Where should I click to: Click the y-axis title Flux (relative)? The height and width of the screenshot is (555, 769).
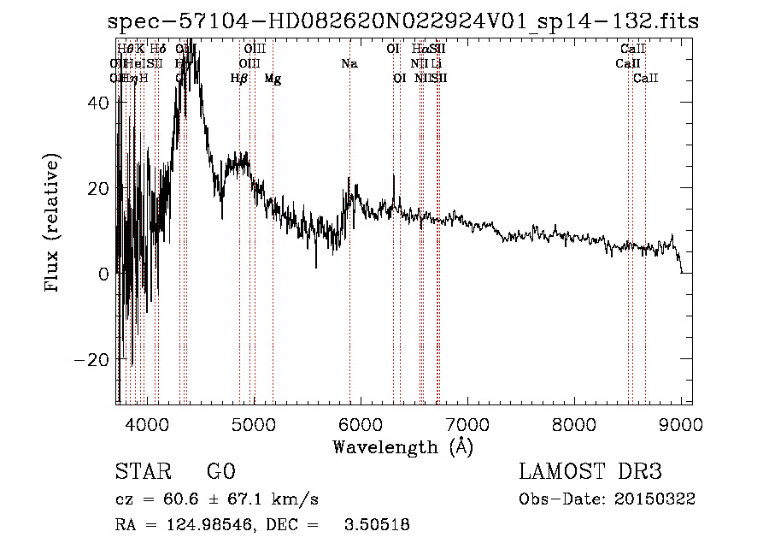(54, 224)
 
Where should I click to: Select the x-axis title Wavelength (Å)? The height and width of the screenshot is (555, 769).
(402, 446)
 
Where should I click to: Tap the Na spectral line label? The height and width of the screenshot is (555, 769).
(349, 64)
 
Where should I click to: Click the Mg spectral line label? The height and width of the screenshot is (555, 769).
(273, 79)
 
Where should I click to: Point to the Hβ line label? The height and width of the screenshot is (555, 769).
(239, 79)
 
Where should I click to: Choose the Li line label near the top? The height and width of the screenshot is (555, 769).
(436, 64)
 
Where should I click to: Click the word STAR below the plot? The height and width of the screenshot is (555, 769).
(140, 472)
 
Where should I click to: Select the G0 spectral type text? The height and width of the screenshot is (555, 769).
(220, 472)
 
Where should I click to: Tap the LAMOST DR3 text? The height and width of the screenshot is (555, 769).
(590, 472)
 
